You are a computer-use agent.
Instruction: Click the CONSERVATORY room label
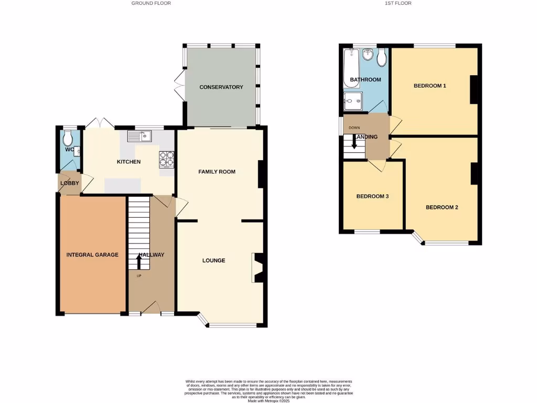point(221,87)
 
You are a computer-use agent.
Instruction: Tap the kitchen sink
point(139,137)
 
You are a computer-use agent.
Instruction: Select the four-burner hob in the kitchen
point(167,158)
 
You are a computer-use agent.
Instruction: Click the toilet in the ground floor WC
point(67,139)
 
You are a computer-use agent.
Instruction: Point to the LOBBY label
point(70,183)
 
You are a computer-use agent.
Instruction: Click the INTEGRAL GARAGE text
point(92,255)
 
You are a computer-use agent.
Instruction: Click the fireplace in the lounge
point(257,268)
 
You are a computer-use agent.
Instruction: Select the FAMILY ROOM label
point(217,172)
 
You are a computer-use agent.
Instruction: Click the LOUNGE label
point(214,260)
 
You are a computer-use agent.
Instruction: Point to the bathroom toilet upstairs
point(382,57)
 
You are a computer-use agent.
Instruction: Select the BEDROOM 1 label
point(429,86)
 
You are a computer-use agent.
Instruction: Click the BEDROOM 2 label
point(442,207)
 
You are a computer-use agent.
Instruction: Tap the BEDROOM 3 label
point(372,197)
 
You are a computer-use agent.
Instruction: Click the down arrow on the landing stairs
point(355,142)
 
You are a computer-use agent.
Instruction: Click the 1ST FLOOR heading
point(398,3)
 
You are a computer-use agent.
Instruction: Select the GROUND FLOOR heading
point(151,3)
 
